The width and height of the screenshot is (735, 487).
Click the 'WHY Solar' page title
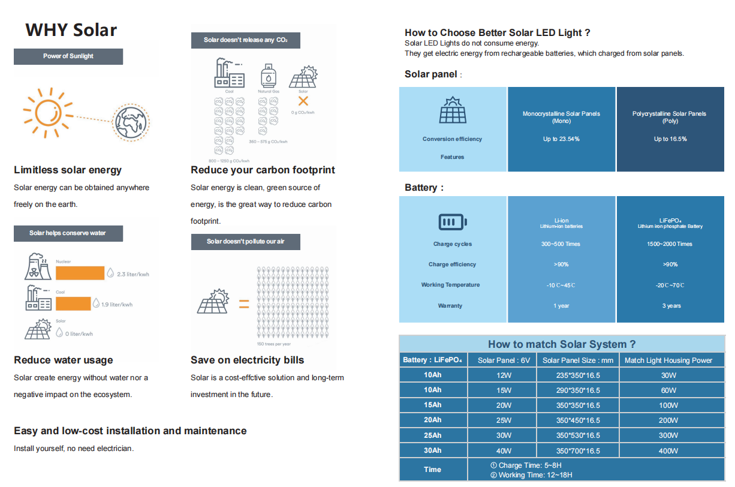pos(71,30)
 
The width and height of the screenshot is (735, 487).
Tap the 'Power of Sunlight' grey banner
pos(68,56)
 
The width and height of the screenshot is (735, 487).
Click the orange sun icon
pos(45,112)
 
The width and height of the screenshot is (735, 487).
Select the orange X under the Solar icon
pos(303,101)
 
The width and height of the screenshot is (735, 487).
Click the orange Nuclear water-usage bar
pos(80,273)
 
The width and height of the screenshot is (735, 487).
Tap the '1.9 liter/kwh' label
pos(117,305)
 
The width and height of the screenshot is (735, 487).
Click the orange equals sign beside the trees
pos(244,304)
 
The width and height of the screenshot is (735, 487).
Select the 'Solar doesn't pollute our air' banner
pos(245,242)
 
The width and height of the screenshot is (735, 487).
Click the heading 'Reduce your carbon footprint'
pos(263,170)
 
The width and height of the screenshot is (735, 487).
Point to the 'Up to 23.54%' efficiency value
pos(561,139)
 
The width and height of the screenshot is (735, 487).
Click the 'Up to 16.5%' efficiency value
pos(670,139)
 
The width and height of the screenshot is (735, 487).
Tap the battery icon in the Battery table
pos(453,223)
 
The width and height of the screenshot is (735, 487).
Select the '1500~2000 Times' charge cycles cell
pos(670,244)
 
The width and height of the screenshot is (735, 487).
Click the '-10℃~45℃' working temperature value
pos(561,285)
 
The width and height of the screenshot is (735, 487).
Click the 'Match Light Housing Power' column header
pos(668,360)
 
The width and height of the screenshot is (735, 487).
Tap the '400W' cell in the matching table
pos(668,451)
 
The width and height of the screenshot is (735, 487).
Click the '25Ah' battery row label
pos(432,435)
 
